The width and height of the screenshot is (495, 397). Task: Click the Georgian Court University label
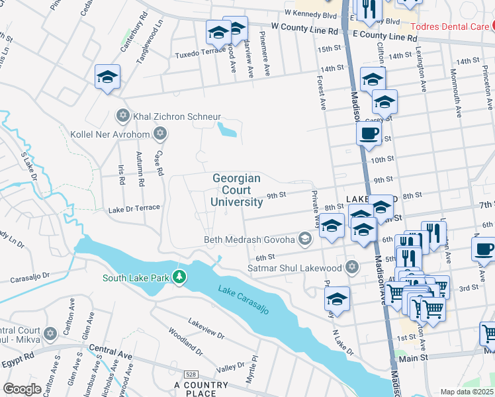[236, 190]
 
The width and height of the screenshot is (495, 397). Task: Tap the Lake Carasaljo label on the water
[244, 299]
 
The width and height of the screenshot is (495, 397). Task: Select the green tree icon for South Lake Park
[178, 277]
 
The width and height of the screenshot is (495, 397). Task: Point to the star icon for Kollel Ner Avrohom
[159, 134]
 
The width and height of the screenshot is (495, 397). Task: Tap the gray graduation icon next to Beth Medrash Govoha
[304, 239]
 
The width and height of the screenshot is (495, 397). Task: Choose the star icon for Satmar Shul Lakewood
[352, 267]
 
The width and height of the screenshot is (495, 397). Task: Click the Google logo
[22, 389]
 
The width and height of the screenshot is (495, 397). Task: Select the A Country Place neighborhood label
[201, 389]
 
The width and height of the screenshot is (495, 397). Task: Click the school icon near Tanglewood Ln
[107, 77]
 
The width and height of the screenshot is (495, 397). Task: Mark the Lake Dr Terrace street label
[134, 208]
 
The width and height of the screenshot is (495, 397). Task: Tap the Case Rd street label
[159, 163]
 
